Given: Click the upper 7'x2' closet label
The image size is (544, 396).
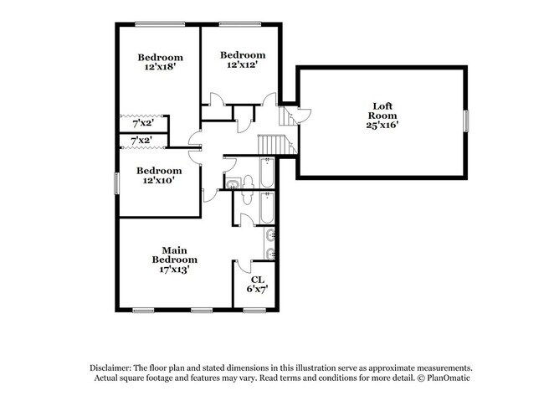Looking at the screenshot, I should tap(144, 123).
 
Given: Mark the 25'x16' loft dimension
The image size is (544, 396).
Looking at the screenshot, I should tap(381, 125).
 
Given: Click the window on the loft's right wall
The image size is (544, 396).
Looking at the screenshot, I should tap(466, 120).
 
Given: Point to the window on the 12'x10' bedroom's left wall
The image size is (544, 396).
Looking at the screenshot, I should tap(117, 183).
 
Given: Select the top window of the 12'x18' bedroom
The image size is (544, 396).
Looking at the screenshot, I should tap(161, 24).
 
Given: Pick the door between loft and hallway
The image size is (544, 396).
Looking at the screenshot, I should tap(302, 113).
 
